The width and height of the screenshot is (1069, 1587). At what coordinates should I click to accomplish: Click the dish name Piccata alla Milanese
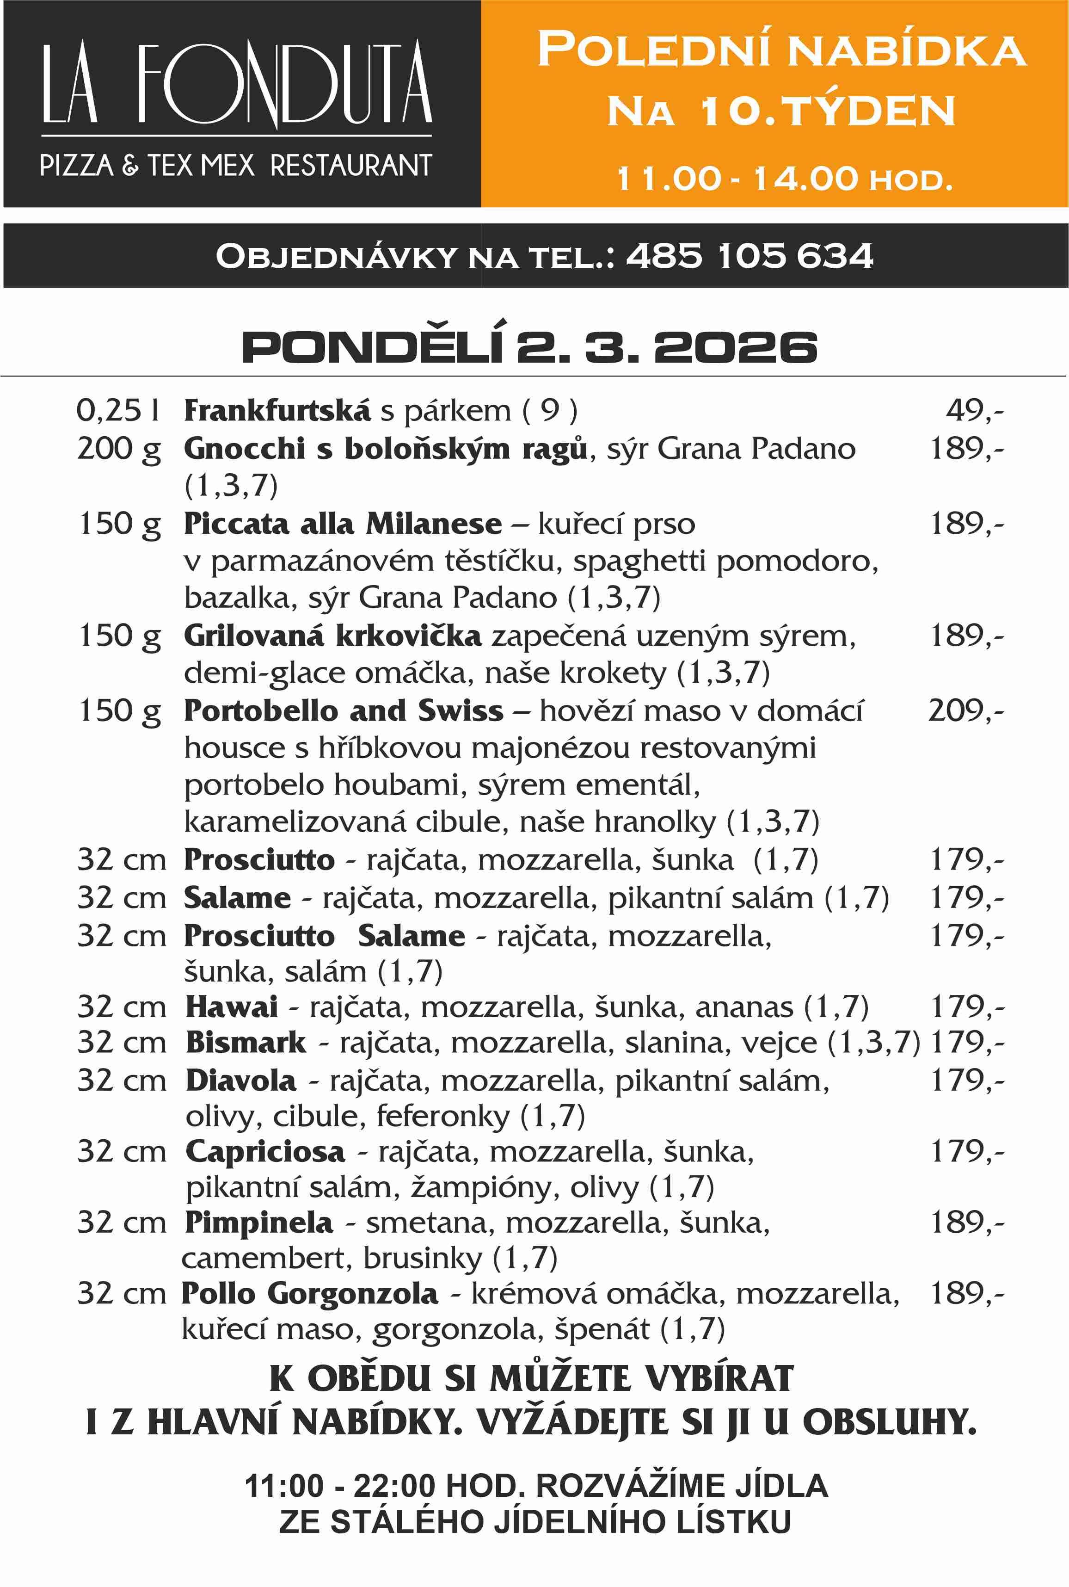point(342,524)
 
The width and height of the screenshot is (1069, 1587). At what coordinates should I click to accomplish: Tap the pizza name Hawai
point(232,1007)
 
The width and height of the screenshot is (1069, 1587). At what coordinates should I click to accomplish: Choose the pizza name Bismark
point(246,1042)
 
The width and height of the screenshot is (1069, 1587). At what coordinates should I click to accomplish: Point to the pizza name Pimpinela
point(258,1222)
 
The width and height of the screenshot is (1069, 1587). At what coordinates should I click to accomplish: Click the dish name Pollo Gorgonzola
point(309,1293)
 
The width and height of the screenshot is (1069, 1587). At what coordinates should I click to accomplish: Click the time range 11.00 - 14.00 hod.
point(784,179)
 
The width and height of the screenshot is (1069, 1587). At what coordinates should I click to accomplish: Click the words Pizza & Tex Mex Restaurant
point(236,166)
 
